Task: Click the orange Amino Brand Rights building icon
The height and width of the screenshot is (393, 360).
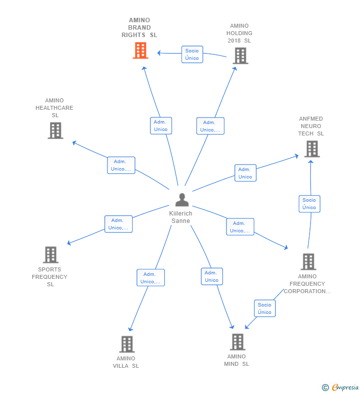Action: pyautogui.click(x=140, y=50)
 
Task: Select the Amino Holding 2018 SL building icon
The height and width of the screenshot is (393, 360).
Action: pyautogui.click(x=240, y=56)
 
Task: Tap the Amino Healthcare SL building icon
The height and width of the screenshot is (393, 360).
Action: pyautogui.click(x=55, y=131)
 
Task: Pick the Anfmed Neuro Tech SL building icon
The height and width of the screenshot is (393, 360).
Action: pyautogui.click(x=312, y=149)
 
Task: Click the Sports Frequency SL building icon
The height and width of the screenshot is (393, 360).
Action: pyautogui.click(x=50, y=255)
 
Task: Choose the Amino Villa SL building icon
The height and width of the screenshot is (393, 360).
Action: pyautogui.click(x=127, y=344)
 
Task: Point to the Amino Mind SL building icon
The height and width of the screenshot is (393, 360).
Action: pyautogui.click(x=238, y=342)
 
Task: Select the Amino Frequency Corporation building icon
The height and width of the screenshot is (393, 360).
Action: pyautogui.click(x=309, y=262)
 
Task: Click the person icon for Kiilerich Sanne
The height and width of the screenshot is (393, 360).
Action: pyautogui.click(x=182, y=200)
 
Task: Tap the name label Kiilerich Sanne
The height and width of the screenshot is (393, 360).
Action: pyautogui.click(x=180, y=217)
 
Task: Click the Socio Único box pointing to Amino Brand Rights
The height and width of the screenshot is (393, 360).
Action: pyautogui.click(x=192, y=54)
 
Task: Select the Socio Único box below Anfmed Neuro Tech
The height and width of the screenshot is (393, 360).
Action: pyautogui.click(x=310, y=204)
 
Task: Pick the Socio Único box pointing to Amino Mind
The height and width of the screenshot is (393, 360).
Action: pyautogui.click(x=265, y=308)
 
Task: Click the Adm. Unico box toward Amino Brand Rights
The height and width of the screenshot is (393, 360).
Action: pyautogui.click(x=161, y=126)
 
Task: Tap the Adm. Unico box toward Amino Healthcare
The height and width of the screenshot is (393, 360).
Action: pyautogui.click(x=121, y=165)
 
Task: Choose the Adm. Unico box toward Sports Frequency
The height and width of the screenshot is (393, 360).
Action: pyautogui.click(x=118, y=224)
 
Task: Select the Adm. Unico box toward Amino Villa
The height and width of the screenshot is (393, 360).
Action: pyautogui.click(x=151, y=278)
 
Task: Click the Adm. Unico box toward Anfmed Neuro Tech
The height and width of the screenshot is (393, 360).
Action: pyautogui.click(x=245, y=173)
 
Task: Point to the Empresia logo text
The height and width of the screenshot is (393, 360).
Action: pyautogui.click(x=345, y=388)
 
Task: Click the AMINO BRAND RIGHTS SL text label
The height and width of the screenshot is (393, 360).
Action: pyautogui.click(x=139, y=28)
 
